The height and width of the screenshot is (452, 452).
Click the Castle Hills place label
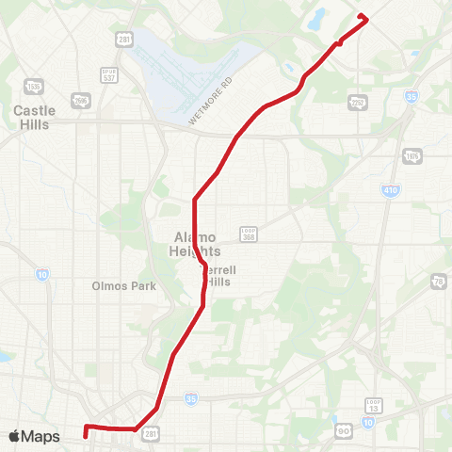click(x=35, y=117)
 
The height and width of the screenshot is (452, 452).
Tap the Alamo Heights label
click(x=197, y=244)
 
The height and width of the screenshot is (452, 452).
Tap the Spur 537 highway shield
click(x=109, y=73)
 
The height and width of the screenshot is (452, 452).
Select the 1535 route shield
click(x=34, y=88)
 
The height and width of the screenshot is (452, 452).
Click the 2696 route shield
click(x=82, y=100)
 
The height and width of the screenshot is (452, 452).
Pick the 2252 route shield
click(x=357, y=102)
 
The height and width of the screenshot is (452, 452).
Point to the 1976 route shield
click(x=412, y=155)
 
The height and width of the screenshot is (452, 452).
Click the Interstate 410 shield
click(x=390, y=190)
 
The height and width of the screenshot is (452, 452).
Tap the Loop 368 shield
click(x=249, y=233)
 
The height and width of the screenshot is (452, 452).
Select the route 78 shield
click(x=439, y=282)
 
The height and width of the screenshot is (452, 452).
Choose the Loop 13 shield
click(x=374, y=405)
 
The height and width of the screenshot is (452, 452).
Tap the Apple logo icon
click(x=14, y=436)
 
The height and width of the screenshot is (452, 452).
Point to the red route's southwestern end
click(x=86, y=434)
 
